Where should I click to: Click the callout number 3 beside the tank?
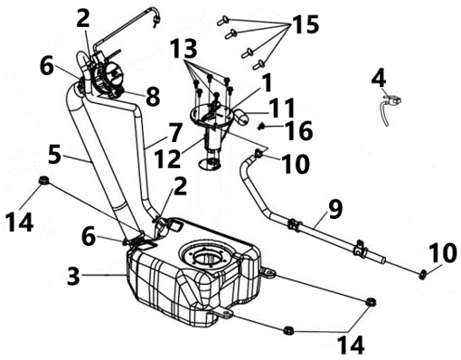[73, 276]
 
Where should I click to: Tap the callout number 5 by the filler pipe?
[54, 155]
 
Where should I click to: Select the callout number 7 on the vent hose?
[175, 133]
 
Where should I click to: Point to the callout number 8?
[153, 97]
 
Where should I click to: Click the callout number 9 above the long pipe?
[335, 209]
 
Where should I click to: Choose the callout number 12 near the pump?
[167, 158]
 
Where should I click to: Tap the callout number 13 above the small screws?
[183, 49]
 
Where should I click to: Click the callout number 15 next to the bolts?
[305, 24]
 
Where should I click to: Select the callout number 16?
[299, 131]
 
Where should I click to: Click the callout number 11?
[282, 108]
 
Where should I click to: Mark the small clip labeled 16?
[261, 127]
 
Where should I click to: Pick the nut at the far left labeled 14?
[43, 180]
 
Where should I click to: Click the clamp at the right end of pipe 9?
[423, 274]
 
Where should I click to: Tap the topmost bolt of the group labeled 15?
[223, 21]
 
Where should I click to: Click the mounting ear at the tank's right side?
[268, 273]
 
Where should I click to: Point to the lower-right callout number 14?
[351, 346]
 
